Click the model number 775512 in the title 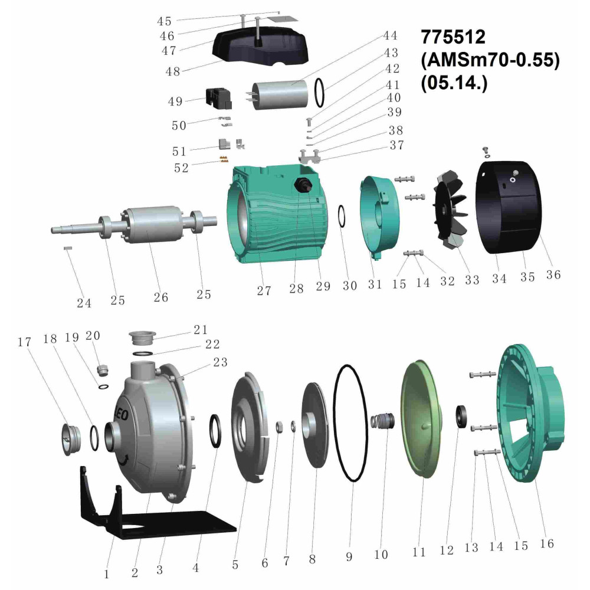[x=453, y=37]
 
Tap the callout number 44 [x=390, y=36]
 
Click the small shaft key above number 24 [x=68, y=248]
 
